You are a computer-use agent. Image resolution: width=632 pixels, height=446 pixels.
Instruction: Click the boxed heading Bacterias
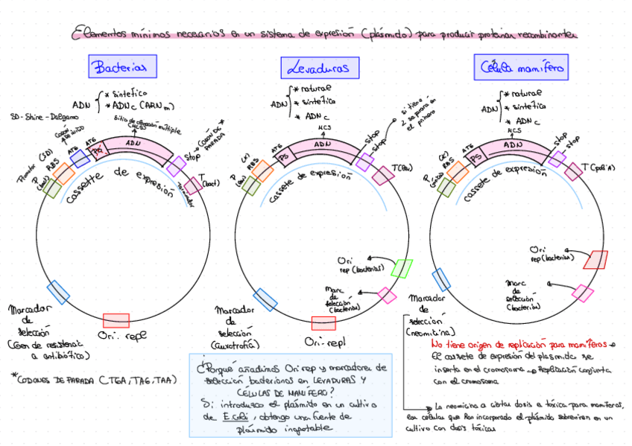tap(122, 67)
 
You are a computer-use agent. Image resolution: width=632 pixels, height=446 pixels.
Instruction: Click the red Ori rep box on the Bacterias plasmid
tap(116, 321)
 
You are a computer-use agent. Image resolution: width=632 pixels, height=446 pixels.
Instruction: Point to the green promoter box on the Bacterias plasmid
tap(51, 187)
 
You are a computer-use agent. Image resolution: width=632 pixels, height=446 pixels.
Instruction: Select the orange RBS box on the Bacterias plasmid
tap(63, 174)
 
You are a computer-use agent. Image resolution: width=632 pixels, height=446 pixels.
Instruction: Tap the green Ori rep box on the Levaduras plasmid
tap(401, 267)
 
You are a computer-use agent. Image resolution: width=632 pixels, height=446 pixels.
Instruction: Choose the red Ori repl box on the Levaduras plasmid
tap(323, 322)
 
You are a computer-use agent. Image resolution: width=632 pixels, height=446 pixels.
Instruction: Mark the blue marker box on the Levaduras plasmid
tap(266, 299)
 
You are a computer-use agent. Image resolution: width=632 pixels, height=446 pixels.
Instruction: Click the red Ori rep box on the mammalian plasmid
tap(595, 259)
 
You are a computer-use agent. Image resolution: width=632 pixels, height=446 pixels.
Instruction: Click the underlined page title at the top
tap(324, 34)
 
